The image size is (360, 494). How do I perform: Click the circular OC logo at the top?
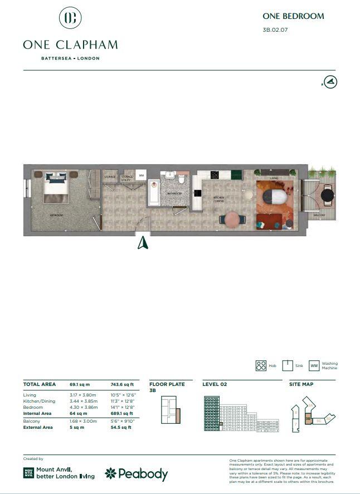pos(70,18)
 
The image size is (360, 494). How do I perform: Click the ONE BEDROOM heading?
pos(293,16)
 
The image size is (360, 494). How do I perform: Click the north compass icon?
pos(331,82)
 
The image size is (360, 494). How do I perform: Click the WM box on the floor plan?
pos(141,175)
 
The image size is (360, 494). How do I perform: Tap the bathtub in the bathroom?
pos(153,192)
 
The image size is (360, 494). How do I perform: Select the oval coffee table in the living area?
pos(275,198)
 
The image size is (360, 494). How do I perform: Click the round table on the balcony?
pos(328,195)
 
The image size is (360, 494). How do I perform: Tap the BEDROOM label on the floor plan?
pos(56,216)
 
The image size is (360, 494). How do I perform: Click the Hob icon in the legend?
pos(261,366)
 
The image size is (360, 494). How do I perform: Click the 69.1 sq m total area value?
pos(80,384)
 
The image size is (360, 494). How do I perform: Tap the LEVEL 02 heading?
pos(215,384)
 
